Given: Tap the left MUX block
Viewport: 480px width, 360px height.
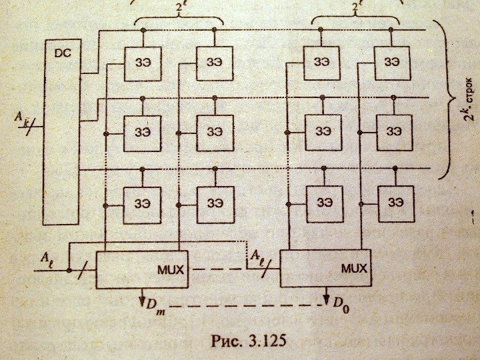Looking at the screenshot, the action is [142, 269].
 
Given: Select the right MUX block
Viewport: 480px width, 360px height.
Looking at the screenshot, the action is [325, 268].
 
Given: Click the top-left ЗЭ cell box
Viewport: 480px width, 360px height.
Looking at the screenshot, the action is [143, 63].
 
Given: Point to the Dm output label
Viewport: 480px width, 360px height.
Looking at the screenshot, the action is [155, 306].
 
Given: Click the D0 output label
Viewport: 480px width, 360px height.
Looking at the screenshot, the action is [341, 306].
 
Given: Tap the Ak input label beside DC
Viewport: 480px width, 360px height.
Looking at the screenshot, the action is [23, 117].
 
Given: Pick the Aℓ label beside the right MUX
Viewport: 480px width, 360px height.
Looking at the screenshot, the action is [258, 255].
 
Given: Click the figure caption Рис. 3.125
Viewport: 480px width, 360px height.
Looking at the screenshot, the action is [248, 341].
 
